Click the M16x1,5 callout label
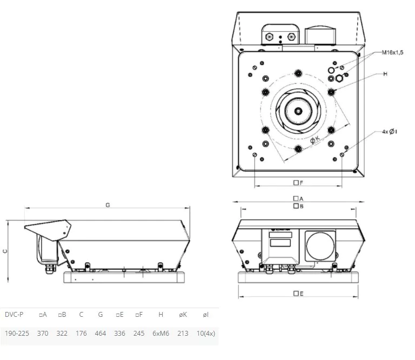pyautogui.click(x=393, y=52)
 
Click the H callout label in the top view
pyautogui.click(x=386, y=73)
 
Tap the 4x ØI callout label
pyautogui.click(x=390, y=131)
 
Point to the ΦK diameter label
pyautogui.click(x=314, y=139)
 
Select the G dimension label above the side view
pyautogui.click(x=108, y=205)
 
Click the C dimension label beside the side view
pyautogui.click(x=5, y=251)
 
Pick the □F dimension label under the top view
pyautogui.click(x=298, y=182)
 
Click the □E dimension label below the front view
pyautogui.click(x=298, y=293)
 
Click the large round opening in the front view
pyautogui.click(x=320, y=244)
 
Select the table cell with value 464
pyautogui.click(x=100, y=334)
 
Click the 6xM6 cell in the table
pyautogui.click(x=160, y=334)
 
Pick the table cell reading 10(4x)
pyautogui.click(x=206, y=334)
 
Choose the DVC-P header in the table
pyautogui.click(x=14, y=315)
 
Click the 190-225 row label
pyautogui.click(x=17, y=334)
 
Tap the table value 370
pyautogui.click(x=43, y=334)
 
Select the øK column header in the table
pyautogui.click(x=183, y=315)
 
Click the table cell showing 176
pyautogui.click(x=81, y=334)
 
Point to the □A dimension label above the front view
pyautogui.click(x=298, y=199)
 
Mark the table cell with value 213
pyautogui.click(x=183, y=334)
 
